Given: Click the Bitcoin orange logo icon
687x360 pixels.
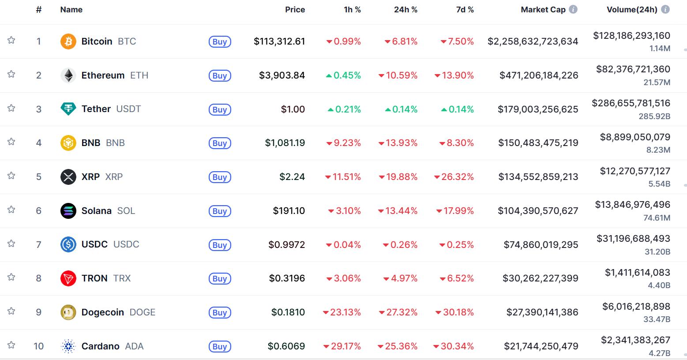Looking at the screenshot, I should pyautogui.click(x=68, y=41).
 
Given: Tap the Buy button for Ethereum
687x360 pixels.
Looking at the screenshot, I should pyautogui.click(x=220, y=75).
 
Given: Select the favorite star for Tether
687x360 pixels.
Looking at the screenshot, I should pyautogui.click(x=11, y=108).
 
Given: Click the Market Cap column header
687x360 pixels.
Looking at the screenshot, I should pyautogui.click(x=543, y=10).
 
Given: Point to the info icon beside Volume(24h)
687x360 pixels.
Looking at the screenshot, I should pyautogui.click(x=665, y=9).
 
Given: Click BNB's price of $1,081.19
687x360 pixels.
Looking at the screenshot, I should pyautogui.click(x=285, y=143).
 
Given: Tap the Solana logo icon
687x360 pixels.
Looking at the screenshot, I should pyautogui.click(x=68, y=211).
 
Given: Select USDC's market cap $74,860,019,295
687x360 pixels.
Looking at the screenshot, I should pyautogui.click(x=541, y=244).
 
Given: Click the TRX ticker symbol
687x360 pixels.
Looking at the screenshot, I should pyautogui.click(x=122, y=278).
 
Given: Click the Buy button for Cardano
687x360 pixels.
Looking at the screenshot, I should pyautogui.click(x=220, y=346).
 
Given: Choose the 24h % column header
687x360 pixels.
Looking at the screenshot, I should pyautogui.click(x=405, y=10).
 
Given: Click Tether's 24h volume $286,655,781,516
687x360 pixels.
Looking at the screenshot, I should pyautogui.click(x=631, y=103).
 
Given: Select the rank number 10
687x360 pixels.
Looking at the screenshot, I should pyautogui.click(x=39, y=346).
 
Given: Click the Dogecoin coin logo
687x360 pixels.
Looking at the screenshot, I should pyautogui.click(x=68, y=312).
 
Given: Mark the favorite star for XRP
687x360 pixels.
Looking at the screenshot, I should pyautogui.click(x=11, y=176).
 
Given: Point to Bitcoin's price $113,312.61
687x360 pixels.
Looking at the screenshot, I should pyautogui.click(x=279, y=41).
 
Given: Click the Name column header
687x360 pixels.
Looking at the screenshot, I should pyautogui.click(x=71, y=10).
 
